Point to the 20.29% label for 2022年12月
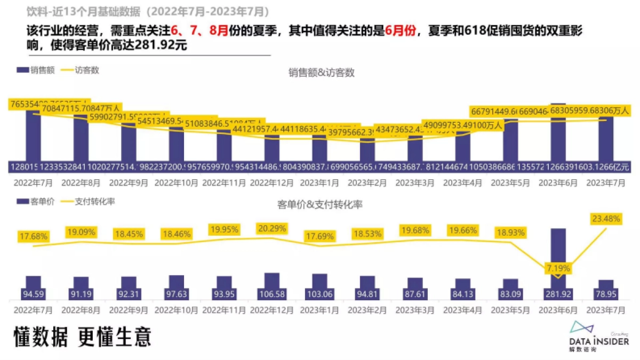(272, 228)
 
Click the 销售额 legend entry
(36, 70)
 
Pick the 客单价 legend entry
(36, 202)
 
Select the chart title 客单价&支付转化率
(320, 204)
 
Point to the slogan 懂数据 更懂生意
(83, 337)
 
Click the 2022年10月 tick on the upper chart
(176, 182)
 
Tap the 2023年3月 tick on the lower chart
(415, 309)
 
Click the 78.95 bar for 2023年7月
(606, 290)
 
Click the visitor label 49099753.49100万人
(462, 125)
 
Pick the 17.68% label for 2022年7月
(34, 236)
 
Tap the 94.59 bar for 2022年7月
(34, 288)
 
